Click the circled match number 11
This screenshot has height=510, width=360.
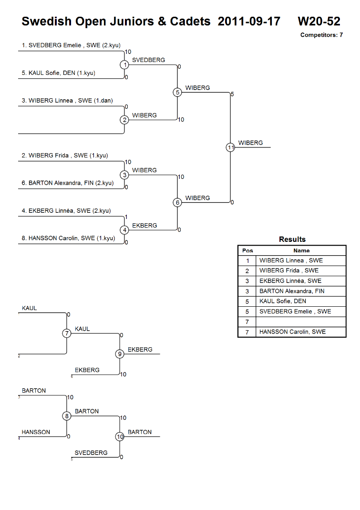(230, 148)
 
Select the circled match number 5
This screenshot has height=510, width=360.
(177, 93)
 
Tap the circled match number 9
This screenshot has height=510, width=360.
(120, 354)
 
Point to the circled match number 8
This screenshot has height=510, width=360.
(67, 416)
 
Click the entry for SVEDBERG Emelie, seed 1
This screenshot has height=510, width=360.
(71, 45)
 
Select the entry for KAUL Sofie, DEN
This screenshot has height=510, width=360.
(59, 73)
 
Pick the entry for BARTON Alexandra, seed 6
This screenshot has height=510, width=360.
(68, 183)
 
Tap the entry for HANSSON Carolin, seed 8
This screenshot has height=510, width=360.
(68, 238)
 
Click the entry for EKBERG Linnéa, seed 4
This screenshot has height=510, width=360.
(66, 211)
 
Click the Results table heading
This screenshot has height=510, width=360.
(292, 239)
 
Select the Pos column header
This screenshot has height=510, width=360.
(247, 250)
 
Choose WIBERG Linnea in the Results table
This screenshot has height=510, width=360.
(291, 260)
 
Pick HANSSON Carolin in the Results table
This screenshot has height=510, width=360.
(292, 332)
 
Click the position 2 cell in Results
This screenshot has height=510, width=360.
(247, 271)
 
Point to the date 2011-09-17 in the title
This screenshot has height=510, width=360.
(249, 21)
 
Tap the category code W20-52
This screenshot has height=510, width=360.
(319, 21)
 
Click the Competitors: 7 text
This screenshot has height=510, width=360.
(322, 35)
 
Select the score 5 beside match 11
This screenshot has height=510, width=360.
(232, 94)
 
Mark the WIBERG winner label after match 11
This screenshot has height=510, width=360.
(250, 143)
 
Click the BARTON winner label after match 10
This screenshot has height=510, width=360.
(140, 432)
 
